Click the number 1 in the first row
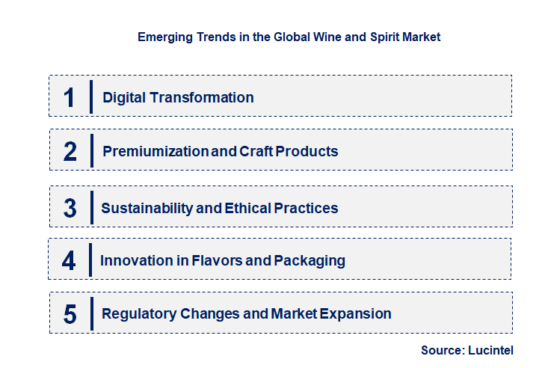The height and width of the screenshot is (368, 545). click(70, 97)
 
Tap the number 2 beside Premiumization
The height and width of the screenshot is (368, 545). click(70, 151)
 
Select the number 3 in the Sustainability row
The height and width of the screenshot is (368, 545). click(70, 208)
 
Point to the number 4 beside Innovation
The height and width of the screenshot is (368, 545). click(70, 260)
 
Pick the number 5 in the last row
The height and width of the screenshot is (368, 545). click(70, 313)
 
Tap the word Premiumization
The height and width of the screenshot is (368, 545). click(156, 151)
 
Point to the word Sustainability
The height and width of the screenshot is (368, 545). click(147, 208)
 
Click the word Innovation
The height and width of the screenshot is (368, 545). click(134, 260)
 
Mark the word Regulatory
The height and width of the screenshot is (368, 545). click(139, 313)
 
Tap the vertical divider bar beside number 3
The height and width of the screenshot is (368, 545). click(90, 208)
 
